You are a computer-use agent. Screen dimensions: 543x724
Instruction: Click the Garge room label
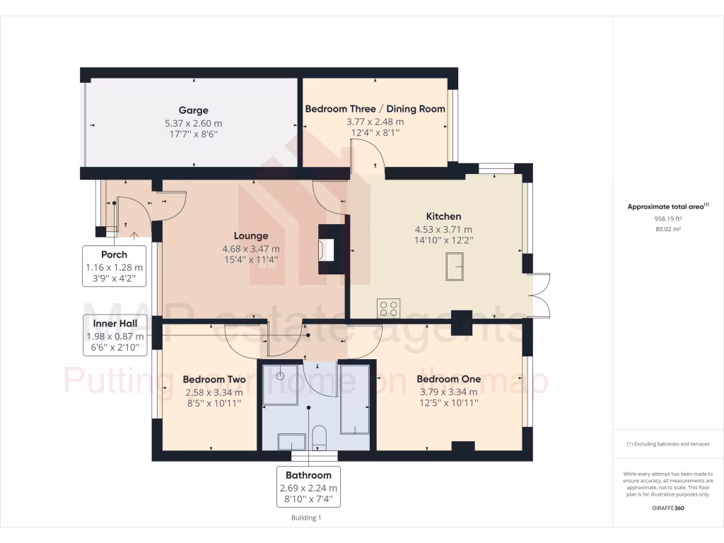[193, 110]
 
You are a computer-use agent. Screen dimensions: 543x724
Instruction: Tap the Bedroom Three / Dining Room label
[375, 109]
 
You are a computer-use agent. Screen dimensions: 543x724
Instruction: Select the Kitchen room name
[443, 216]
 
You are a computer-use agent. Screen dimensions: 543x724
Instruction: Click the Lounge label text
[251, 236]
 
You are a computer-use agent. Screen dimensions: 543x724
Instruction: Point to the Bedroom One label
[448, 379]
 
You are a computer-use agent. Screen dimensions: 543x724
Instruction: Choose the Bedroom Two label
[204, 379]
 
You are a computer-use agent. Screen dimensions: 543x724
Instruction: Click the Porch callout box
[114, 267]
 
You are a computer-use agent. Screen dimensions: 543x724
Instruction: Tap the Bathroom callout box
[308, 487]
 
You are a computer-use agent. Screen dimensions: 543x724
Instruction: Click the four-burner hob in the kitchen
[389, 308]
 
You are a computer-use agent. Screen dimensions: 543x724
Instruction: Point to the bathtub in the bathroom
[354, 399]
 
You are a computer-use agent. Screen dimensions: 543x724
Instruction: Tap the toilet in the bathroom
[319, 438]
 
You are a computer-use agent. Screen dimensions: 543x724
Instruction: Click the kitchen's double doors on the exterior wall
[539, 294]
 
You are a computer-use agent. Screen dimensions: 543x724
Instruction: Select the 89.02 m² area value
[667, 229]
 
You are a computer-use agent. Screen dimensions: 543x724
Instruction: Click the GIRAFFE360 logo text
[667, 508]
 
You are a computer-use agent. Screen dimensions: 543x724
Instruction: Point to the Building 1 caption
[306, 518]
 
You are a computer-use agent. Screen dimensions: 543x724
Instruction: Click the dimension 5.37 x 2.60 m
[193, 122]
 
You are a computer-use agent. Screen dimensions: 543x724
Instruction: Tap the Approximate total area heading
[667, 206]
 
